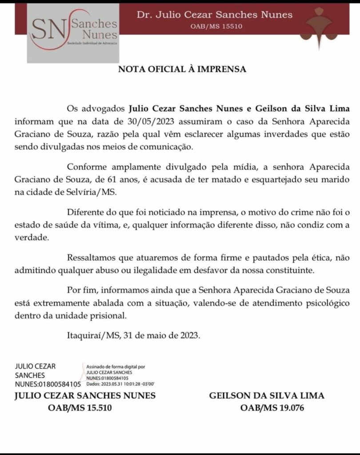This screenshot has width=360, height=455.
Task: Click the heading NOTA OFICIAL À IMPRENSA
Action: pos(182,69)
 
